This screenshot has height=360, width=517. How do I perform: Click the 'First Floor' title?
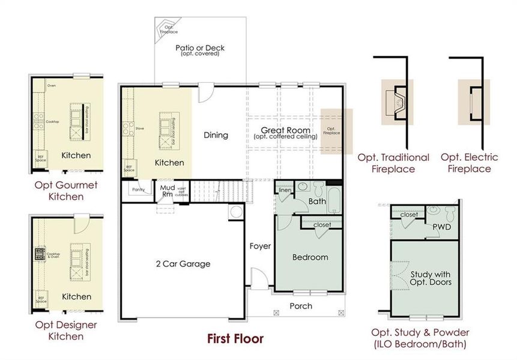(x=235, y=339)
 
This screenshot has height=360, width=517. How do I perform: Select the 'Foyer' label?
(x=261, y=246)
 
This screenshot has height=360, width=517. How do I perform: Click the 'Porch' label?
(x=301, y=306)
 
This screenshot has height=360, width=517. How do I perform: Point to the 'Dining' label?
(x=216, y=135)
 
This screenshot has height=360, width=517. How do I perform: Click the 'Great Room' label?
(x=285, y=130)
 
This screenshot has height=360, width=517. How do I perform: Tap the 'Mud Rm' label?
(x=167, y=190)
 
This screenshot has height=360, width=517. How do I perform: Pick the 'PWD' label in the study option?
(x=442, y=227)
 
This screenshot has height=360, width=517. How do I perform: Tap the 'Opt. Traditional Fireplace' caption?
(x=393, y=163)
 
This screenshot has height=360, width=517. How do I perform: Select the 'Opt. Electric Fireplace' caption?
(x=469, y=163)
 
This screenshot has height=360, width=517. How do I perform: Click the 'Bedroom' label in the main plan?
(x=310, y=257)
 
